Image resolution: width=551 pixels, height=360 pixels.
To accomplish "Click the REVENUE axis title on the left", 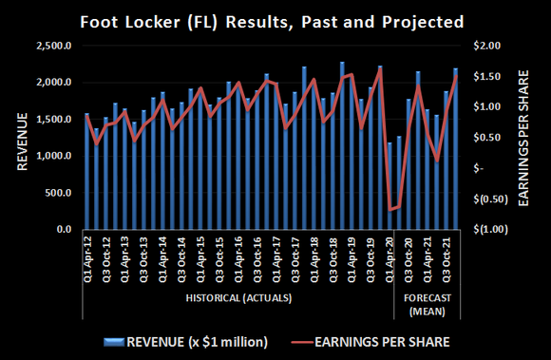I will tap(20, 138).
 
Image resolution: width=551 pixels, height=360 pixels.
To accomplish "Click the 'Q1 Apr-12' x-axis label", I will tap(87, 257).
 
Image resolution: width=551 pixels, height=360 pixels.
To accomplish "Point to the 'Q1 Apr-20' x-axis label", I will tap(391, 257).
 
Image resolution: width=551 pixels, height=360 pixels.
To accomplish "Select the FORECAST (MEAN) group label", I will tap(427, 303).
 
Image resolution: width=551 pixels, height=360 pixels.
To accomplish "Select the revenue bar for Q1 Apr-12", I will tap(86, 172).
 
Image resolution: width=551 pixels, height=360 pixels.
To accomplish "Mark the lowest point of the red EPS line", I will tap(390, 209).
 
